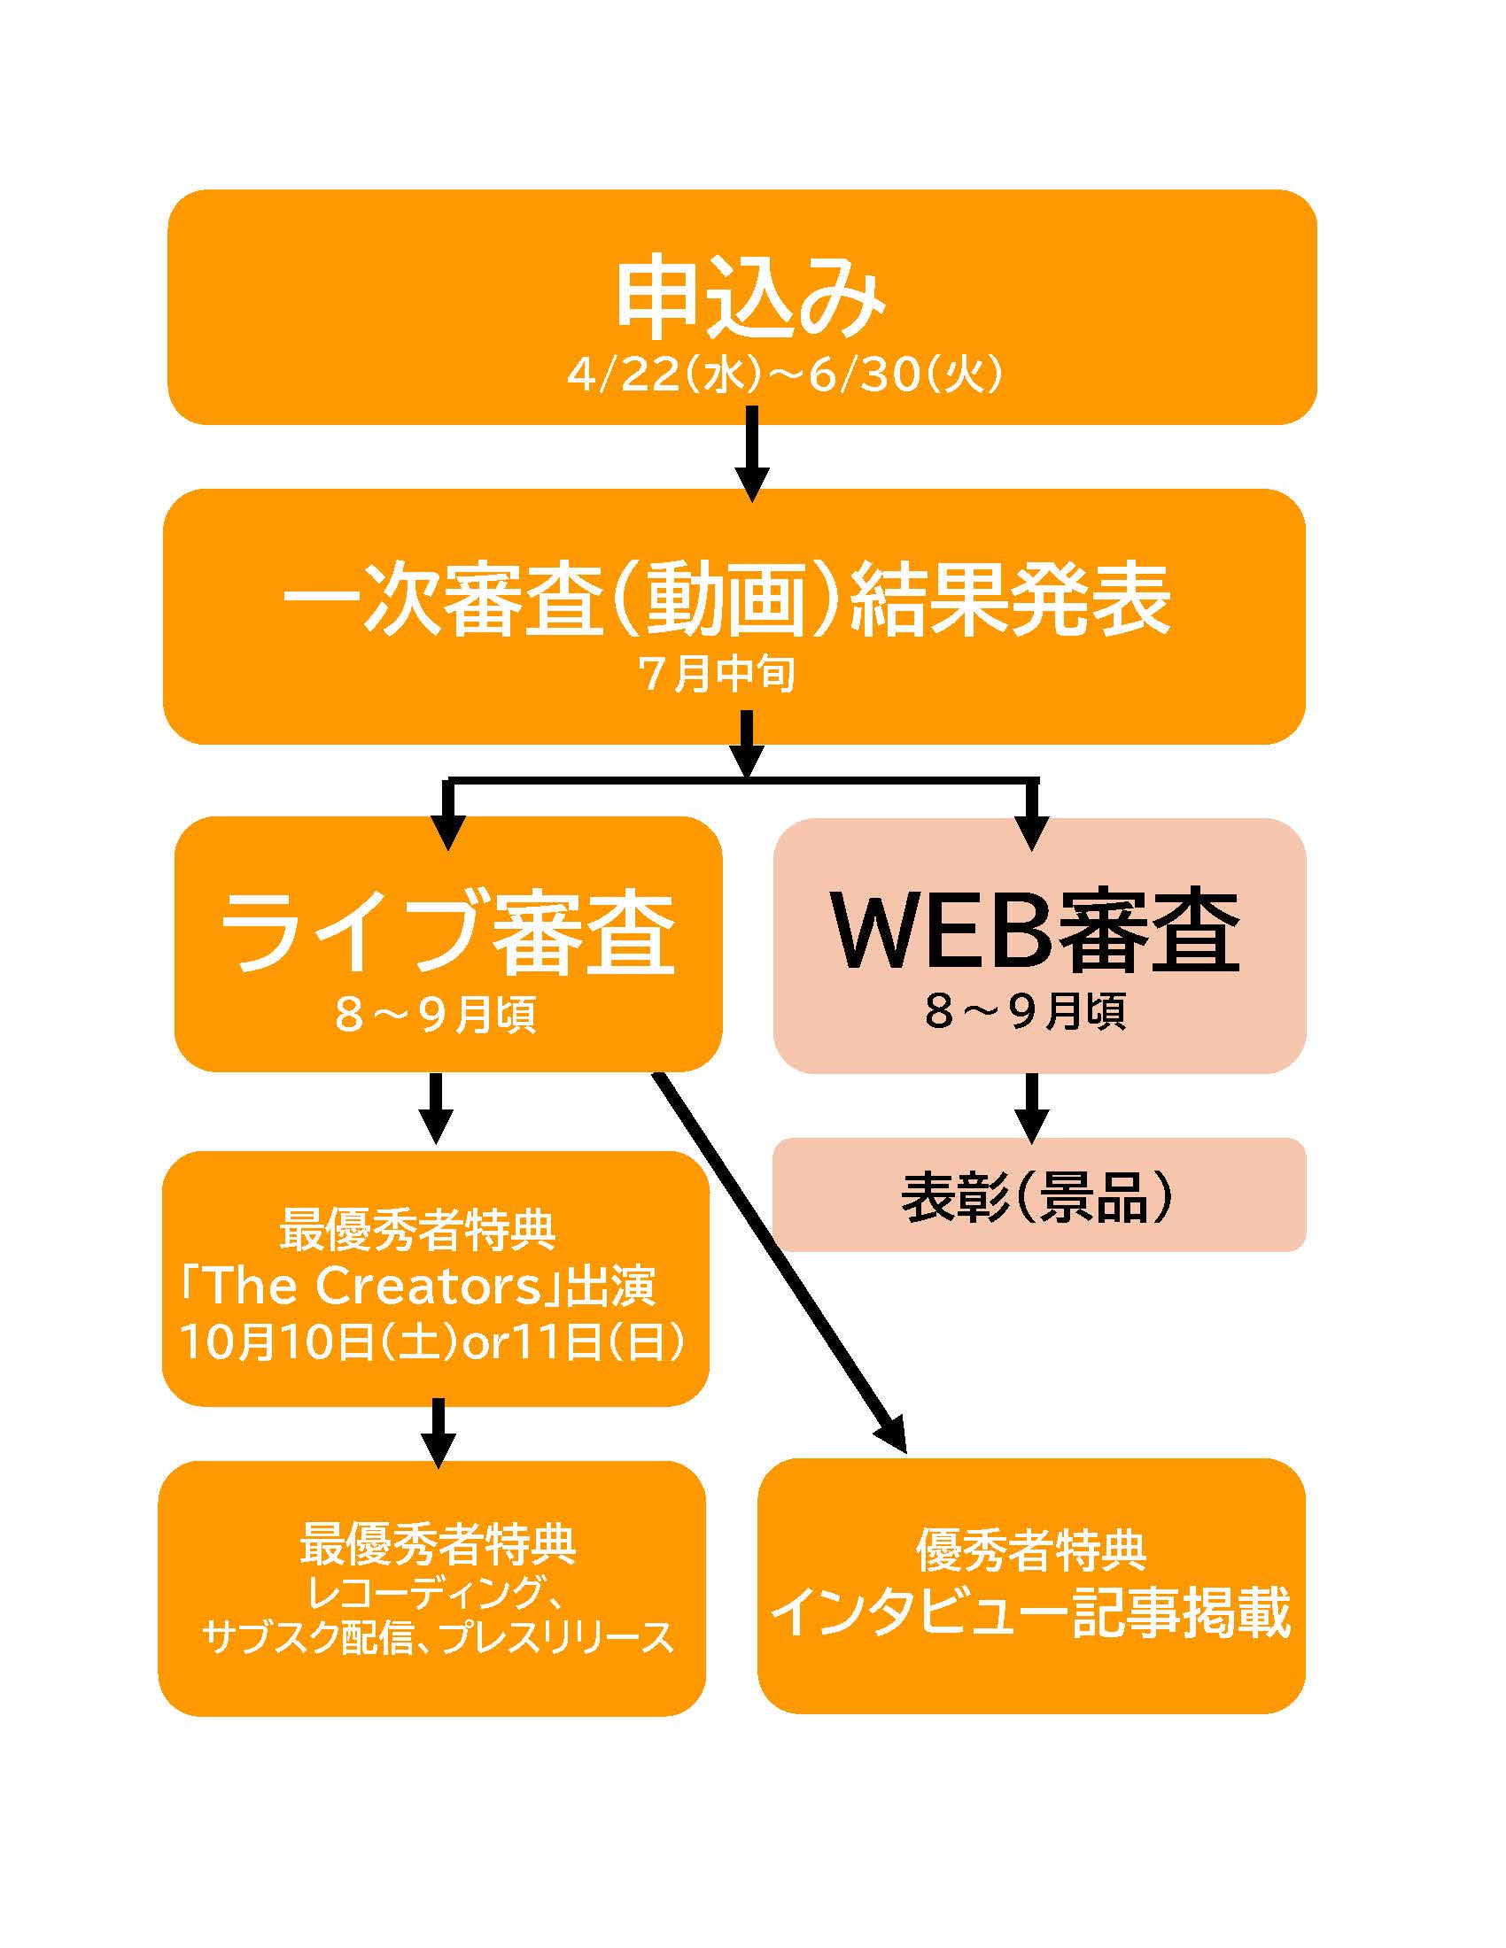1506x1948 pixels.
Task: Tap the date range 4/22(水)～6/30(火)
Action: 784,375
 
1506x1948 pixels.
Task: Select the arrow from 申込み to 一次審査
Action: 751,452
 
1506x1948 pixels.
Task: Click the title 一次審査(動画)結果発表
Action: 726,600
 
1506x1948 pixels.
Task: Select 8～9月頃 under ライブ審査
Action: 435,1015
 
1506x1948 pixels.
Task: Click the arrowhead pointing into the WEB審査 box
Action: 1032,834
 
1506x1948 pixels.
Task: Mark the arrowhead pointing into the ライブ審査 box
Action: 449,834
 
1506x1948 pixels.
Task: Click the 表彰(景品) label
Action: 1037,1196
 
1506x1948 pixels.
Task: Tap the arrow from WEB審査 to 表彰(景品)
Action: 1032,1107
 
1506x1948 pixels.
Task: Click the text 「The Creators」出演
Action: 417,1286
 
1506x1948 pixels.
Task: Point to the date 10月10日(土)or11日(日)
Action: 432,1341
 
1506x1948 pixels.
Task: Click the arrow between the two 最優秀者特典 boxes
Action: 437,1433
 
